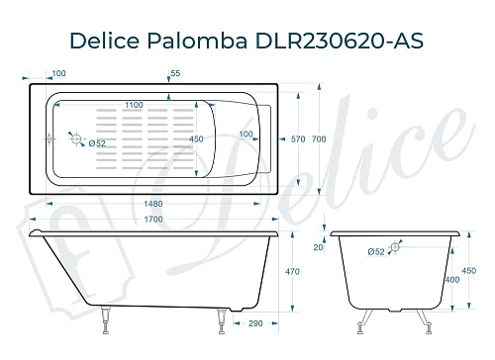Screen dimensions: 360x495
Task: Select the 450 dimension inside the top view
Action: click(x=197, y=139)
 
